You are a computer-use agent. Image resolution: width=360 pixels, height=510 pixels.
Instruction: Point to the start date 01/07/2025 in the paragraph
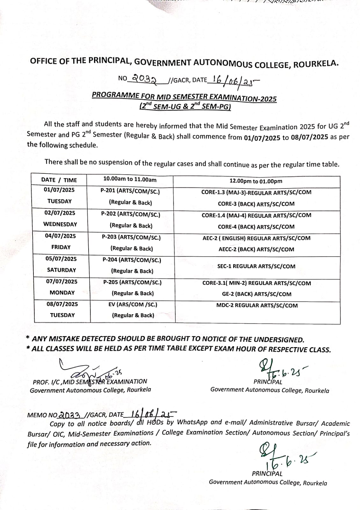[262, 138]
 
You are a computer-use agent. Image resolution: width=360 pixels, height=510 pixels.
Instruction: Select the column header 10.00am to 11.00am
[130, 179]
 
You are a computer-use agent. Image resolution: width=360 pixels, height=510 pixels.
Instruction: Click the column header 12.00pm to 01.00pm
[256, 181]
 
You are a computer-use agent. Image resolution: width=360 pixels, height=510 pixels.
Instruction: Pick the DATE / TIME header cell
[59, 180]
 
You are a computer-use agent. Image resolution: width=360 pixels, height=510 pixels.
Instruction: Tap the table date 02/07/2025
[60, 213]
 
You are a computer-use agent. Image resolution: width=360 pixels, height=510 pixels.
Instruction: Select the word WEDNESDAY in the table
[60, 224]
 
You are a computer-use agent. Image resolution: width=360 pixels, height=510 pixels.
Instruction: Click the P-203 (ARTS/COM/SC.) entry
[131, 237]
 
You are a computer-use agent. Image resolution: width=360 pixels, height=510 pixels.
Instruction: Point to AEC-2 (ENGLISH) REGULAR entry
[256, 238]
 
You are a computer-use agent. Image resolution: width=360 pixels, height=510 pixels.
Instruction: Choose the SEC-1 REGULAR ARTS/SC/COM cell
[256, 266]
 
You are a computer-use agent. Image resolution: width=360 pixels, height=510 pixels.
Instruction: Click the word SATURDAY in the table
[61, 270]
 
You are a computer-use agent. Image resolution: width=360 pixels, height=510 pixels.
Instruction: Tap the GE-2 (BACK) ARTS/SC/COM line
[256, 294]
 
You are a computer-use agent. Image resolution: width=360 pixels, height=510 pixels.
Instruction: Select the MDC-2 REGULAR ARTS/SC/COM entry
[257, 305]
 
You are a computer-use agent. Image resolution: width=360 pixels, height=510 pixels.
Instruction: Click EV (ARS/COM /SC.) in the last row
[133, 304]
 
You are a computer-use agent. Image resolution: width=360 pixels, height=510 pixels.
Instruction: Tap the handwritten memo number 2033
[71, 414]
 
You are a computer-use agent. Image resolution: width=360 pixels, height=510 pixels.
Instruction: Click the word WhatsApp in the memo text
[192, 422]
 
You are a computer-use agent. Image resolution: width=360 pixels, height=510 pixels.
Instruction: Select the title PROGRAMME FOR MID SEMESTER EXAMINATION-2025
[184, 97]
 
